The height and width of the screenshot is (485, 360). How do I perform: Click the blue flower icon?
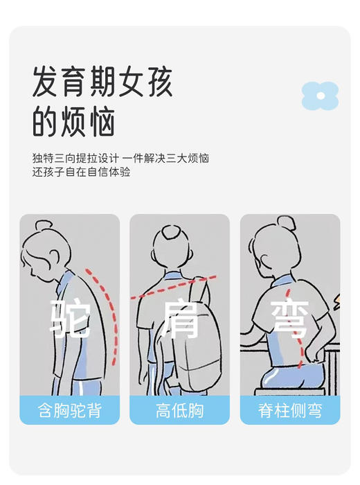tap(320, 97)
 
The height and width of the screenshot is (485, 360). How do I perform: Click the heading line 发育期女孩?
tap(102, 83)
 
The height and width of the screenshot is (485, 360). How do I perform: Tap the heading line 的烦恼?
tap(73, 122)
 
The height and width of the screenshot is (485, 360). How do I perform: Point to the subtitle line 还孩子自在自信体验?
tap(81, 172)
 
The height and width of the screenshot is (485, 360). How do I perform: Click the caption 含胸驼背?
tap(69, 410)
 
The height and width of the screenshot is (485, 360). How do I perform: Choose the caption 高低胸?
tap(179, 410)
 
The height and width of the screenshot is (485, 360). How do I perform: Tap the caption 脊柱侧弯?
tap(290, 410)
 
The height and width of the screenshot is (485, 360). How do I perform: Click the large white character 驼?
tap(70, 317)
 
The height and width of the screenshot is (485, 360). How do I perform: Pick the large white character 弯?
tap(289, 317)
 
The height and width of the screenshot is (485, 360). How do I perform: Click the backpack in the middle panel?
tap(197, 333)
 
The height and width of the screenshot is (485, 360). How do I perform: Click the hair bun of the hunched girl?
tap(43, 226)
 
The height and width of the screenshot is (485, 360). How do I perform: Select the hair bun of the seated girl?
tap(285, 223)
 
